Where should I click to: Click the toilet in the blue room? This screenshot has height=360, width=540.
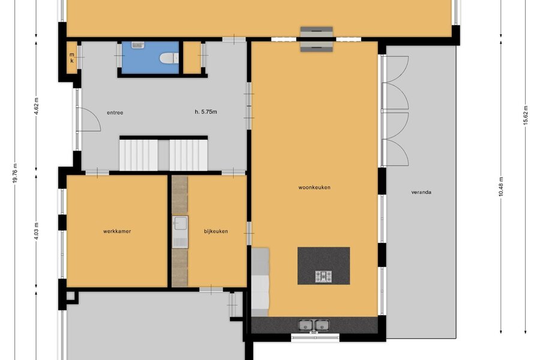click(x=169, y=58)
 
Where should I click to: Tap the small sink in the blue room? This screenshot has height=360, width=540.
click(x=138, y=45)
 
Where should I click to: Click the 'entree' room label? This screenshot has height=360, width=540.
click(x=115, y=113)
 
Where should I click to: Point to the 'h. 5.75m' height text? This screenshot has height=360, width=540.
click(x=206, y=112)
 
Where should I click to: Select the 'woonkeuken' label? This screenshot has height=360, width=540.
click(x=314, y=187)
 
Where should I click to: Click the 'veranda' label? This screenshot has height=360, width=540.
click(x=421, y=192)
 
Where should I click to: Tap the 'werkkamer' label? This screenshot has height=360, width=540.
click(x=117, y=231)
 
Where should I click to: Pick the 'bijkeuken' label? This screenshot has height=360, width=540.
click(x=216, y=231)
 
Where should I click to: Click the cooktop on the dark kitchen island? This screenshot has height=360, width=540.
click(x=324, y=276)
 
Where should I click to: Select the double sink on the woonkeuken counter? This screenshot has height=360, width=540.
click(x=314, y=325)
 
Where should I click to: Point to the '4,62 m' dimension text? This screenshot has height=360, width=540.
click(x=37, y=107)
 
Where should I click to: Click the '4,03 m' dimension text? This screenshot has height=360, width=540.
click(x=37, y=232)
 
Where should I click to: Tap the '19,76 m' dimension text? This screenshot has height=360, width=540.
click(x=14, y=173)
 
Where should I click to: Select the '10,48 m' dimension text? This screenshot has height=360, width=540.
click(x=501, y=186)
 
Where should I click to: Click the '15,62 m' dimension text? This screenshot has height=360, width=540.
click(x=526, y=115)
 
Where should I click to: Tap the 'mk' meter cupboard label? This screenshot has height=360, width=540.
click(x=71, y=58)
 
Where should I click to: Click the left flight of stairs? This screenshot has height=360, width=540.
click(x=139, y=155)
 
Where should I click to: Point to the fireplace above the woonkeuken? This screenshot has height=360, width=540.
click(x=316, y=39)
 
